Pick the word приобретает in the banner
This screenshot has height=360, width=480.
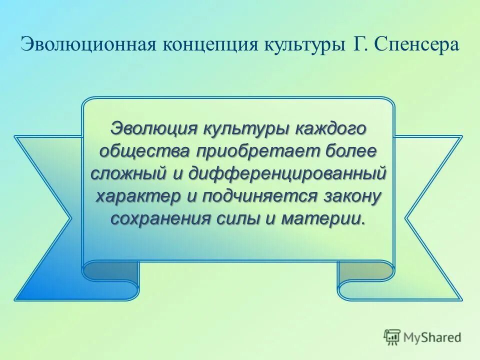tap(250, 150)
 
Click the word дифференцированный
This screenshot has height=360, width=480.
tap(283, 173)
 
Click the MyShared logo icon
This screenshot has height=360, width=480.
tap(392, 337)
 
